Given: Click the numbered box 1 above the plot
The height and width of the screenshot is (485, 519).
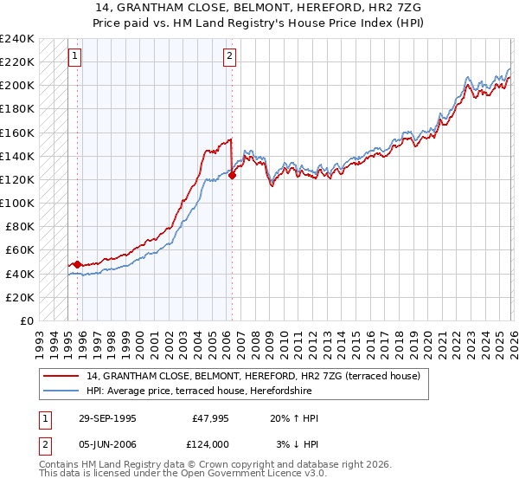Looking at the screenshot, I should [74, 57].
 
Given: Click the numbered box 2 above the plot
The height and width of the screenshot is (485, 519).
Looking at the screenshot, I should [229, 57].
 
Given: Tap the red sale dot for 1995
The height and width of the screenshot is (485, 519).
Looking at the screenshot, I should [78, 264].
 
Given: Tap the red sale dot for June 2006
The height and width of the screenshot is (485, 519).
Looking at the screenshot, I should [232, 175].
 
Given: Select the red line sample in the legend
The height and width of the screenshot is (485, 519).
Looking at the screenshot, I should [61, 376].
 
